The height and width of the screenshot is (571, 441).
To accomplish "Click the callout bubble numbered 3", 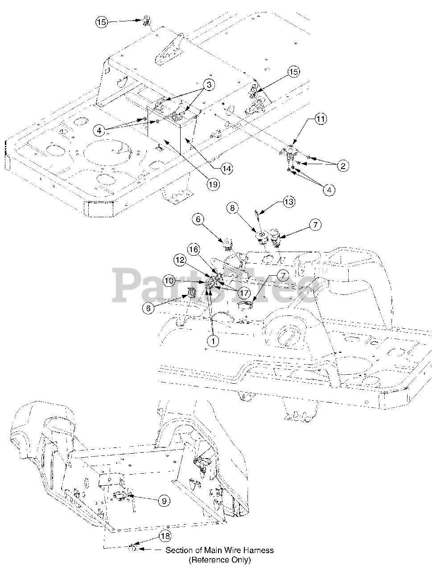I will click(210, 84).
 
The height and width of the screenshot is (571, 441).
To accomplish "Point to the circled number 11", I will click(321, 119).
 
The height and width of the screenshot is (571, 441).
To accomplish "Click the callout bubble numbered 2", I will click(342, 166).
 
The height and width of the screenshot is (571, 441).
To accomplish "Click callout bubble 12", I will click(180, 259).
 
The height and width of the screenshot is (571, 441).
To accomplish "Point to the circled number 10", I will click(169, 281).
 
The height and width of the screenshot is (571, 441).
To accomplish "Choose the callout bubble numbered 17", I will click(244, 293).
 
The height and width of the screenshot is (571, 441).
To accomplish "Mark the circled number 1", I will click(213, 341).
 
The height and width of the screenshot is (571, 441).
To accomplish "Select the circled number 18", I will click(165, 536).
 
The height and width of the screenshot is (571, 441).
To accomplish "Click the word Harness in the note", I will click(259, 550).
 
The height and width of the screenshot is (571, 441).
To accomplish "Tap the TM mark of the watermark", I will click(322, 271).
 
